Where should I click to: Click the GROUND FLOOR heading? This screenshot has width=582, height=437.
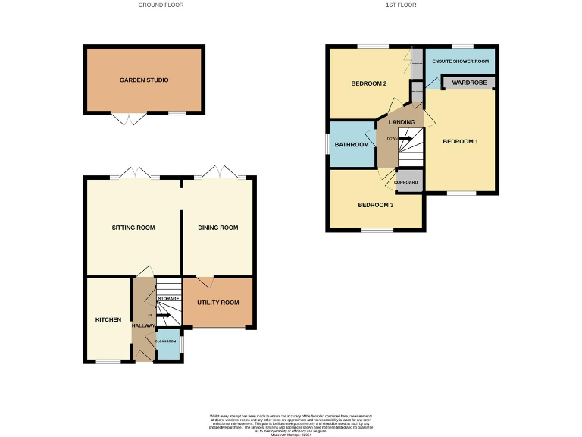[161, 5]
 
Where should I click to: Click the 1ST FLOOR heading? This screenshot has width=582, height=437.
[401, 5]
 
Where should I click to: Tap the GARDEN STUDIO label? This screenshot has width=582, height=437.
[144, 80]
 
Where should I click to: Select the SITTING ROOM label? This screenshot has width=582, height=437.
[133, 228]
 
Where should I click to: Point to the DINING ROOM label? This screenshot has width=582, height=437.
[218, 228]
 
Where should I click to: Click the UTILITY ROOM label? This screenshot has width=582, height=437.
[218, 303]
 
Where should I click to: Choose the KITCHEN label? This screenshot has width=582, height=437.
[108, 320]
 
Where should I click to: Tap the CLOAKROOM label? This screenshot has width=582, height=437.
[167, 341]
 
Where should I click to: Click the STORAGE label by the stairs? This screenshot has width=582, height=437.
[168, 299]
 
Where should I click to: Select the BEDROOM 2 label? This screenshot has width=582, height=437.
[369, 83]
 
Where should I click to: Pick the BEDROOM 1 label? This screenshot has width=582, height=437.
[461, 142]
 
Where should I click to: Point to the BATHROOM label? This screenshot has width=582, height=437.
[352, 144]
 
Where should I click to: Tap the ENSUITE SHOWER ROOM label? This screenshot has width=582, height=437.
[460, 61]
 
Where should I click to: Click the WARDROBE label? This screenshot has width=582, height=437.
[468, 82]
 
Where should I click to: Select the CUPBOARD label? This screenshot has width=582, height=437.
[407, 183]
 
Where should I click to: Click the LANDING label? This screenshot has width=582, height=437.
[402, 122]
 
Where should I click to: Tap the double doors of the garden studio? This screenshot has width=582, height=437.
[128, 119]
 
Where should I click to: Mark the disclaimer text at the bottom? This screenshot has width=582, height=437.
[291, 423]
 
